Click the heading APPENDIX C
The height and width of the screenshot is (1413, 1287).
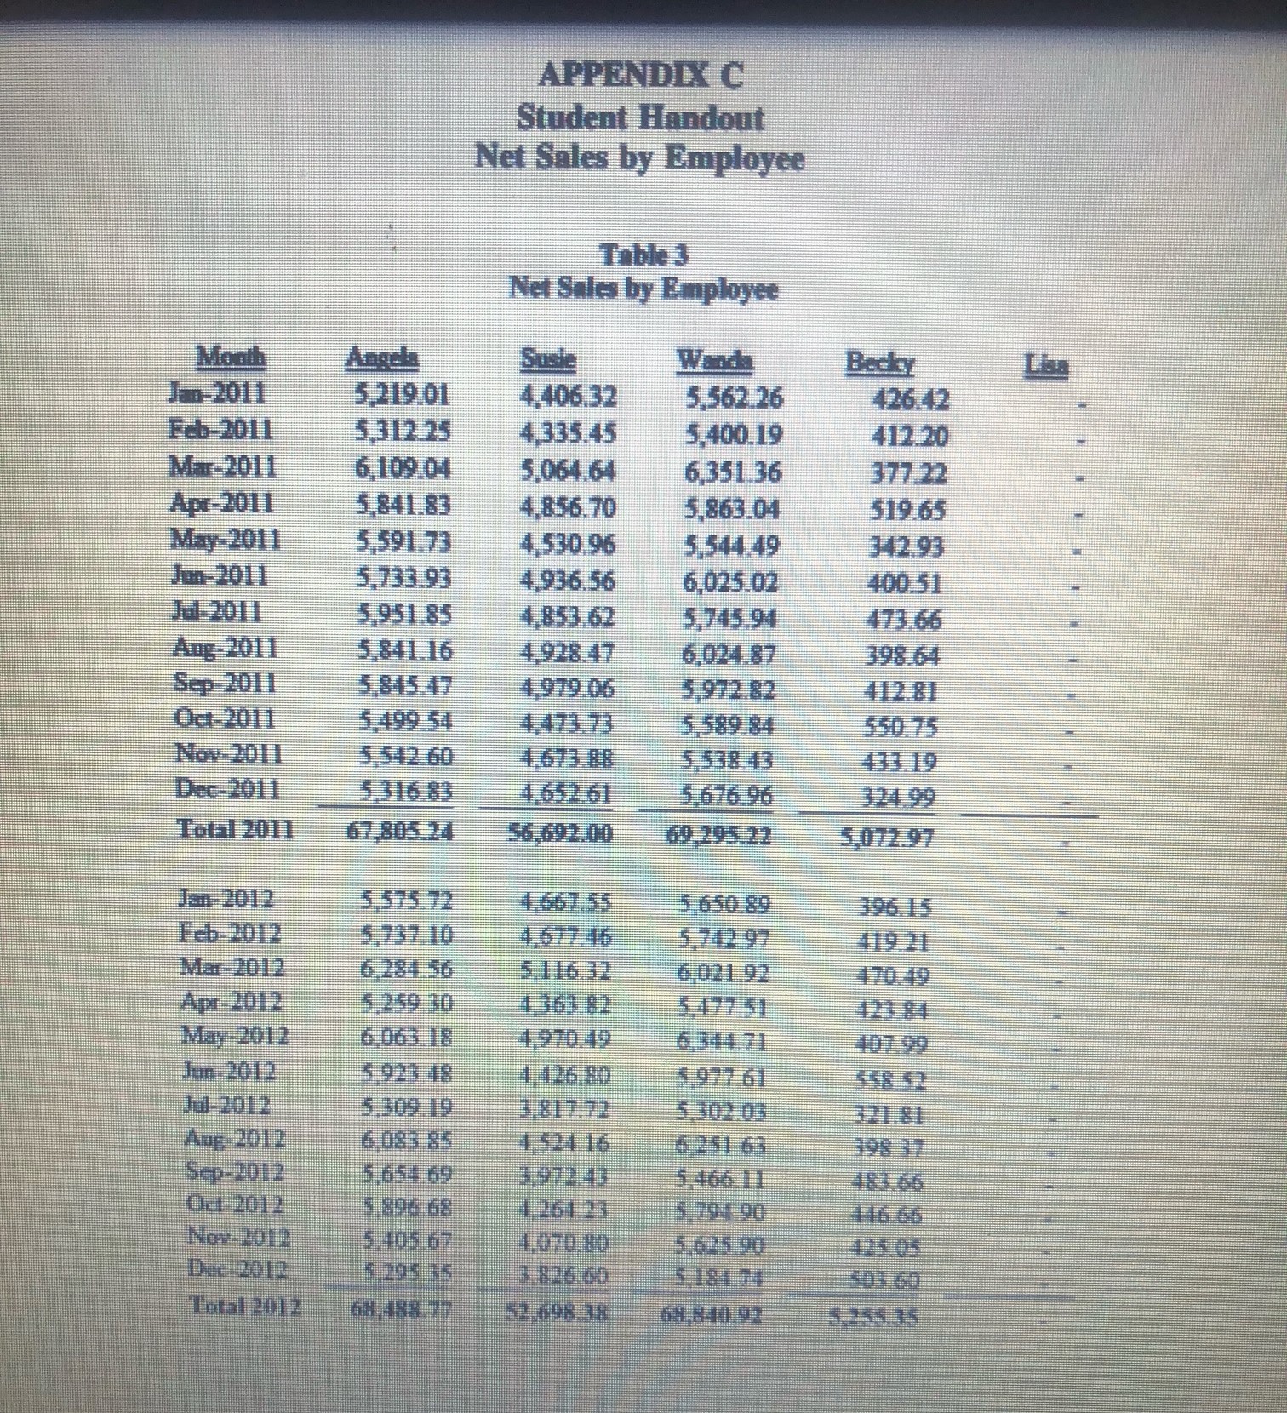pos(641,75)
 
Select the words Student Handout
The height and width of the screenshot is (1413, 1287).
pos(640,117)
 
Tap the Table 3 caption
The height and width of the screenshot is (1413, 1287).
pos(643,255)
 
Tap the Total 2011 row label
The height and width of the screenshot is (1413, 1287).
pos(235,828)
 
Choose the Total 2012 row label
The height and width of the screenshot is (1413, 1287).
pos(244,1305)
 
